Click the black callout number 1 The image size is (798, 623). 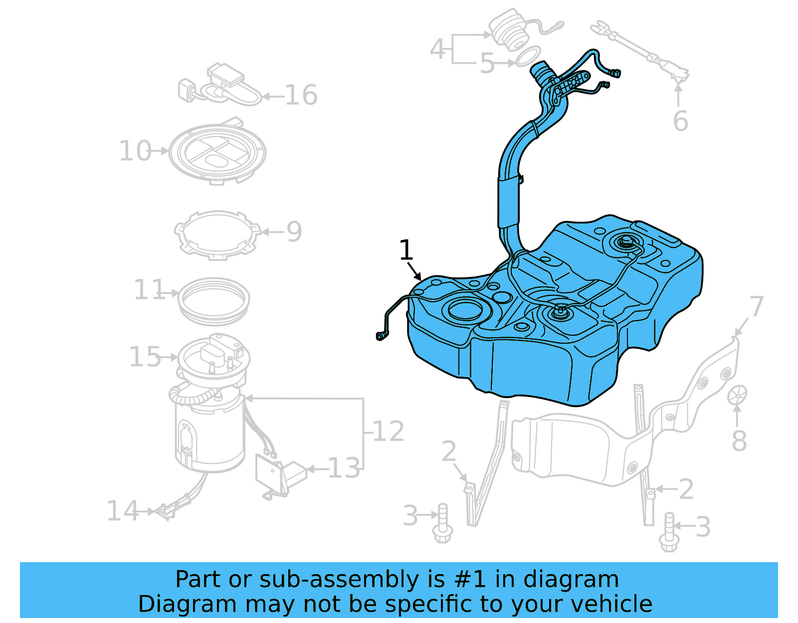pos(406,250)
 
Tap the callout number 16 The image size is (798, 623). pos(301,95)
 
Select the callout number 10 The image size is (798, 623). pos(135,151)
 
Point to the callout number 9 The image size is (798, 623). pos(294,231)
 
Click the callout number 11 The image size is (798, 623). pos(149,289)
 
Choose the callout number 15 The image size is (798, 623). pos(145,357)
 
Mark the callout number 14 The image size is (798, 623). pos(122,511)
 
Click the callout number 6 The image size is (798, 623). pos(680,121)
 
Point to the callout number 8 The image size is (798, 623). pos(739,440)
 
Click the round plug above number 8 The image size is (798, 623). pos(737,395)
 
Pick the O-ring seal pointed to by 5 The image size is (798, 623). pos(528,56)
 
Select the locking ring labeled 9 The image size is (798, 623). pos(217,234)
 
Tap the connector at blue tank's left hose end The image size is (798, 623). pos(382,336)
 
